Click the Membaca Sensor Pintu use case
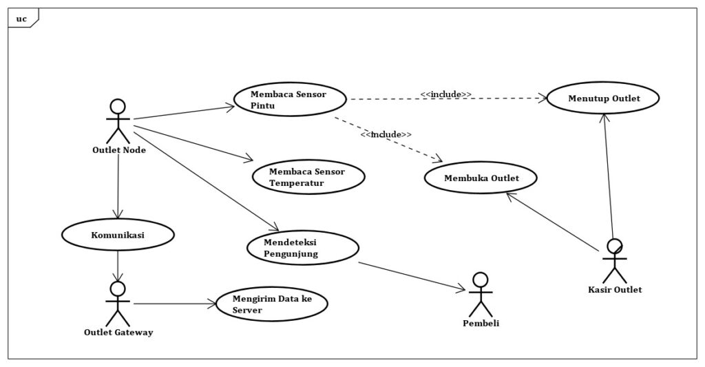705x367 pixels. point(289,99)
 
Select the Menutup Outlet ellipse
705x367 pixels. point(603,98)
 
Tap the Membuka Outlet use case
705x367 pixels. point(481,178)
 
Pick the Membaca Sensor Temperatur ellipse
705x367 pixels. point(308,177)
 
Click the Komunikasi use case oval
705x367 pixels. point(118,235)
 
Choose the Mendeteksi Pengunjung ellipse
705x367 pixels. point(302,248)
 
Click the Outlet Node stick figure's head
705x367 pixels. point(118,107)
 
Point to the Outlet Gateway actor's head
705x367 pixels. point(118,288)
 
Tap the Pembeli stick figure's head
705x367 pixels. point(480,279)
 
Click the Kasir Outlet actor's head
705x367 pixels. point(614,246)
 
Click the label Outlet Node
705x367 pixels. point(118,150)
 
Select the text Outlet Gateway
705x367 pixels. point(118,332)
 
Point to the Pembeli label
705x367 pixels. point(481,323)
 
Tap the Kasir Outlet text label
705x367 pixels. point(615,290)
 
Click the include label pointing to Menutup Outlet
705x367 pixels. point(446,93)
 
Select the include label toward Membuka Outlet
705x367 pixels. point(386,134)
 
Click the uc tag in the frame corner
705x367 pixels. point(21,18)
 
